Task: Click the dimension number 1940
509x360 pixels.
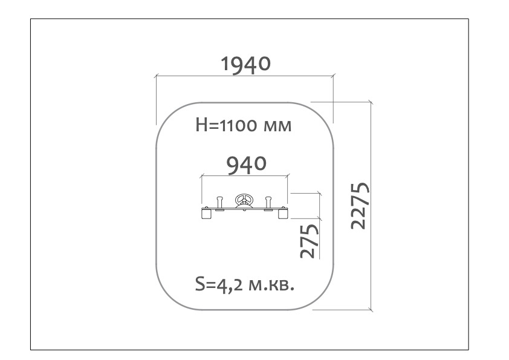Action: click(245, 64)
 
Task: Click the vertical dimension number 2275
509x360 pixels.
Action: click(360, 206)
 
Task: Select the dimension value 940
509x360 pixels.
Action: click(247, 165)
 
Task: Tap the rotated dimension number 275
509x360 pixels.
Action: click(310, 241)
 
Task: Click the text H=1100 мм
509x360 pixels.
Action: click(244, 125)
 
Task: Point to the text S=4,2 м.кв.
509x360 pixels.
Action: click(245, 284)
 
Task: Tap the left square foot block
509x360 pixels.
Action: click(207, 214)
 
